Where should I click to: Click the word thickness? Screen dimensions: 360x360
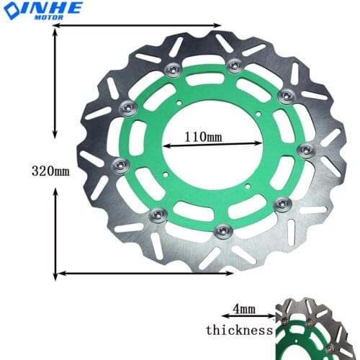[x=239, y=330]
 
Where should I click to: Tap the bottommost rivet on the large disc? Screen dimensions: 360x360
[x=222, y=230]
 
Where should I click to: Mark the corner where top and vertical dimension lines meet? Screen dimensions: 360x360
[x=55, y=26]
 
